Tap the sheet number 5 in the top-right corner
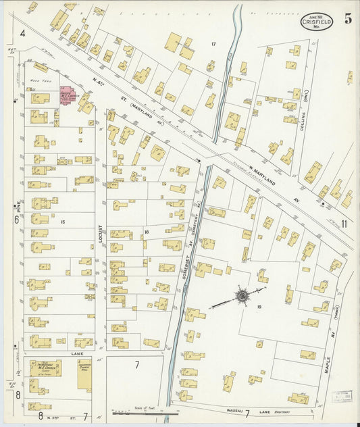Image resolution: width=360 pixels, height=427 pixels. point(347,18)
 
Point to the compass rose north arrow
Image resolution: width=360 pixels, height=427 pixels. point(241,295)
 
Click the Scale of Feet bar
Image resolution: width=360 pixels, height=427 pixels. point(145,411)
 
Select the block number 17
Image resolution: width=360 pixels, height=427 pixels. point(213,45)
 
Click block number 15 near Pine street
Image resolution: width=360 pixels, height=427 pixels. point(62,222)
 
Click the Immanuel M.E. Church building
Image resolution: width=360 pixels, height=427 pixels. point(45,368)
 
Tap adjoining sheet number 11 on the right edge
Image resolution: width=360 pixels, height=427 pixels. point(344,223)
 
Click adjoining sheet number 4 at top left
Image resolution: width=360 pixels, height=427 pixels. point(22,32)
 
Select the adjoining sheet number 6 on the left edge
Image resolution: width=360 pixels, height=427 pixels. point(16,219)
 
